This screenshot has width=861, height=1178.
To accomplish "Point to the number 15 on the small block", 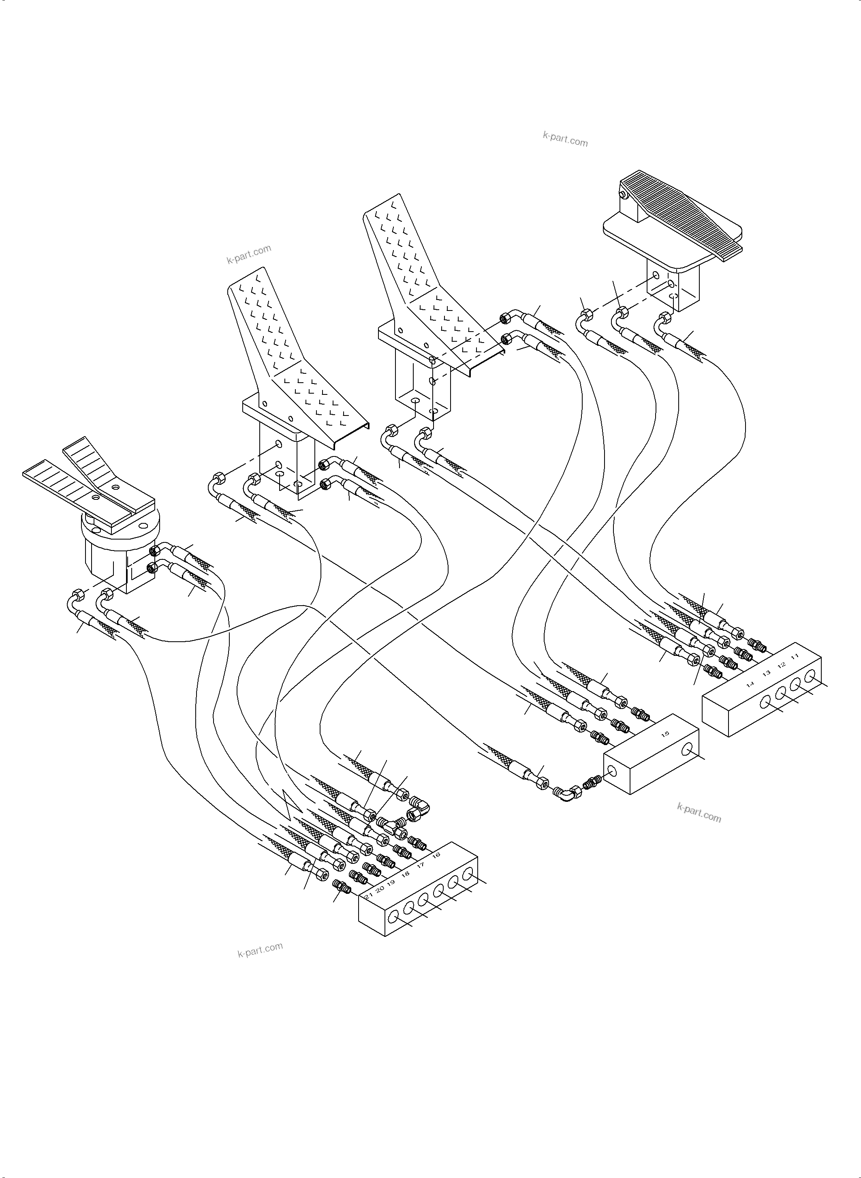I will pos(665,735).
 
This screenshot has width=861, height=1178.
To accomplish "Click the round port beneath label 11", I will pos(810,677).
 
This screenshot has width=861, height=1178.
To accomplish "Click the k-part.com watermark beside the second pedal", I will pos(249,254).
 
